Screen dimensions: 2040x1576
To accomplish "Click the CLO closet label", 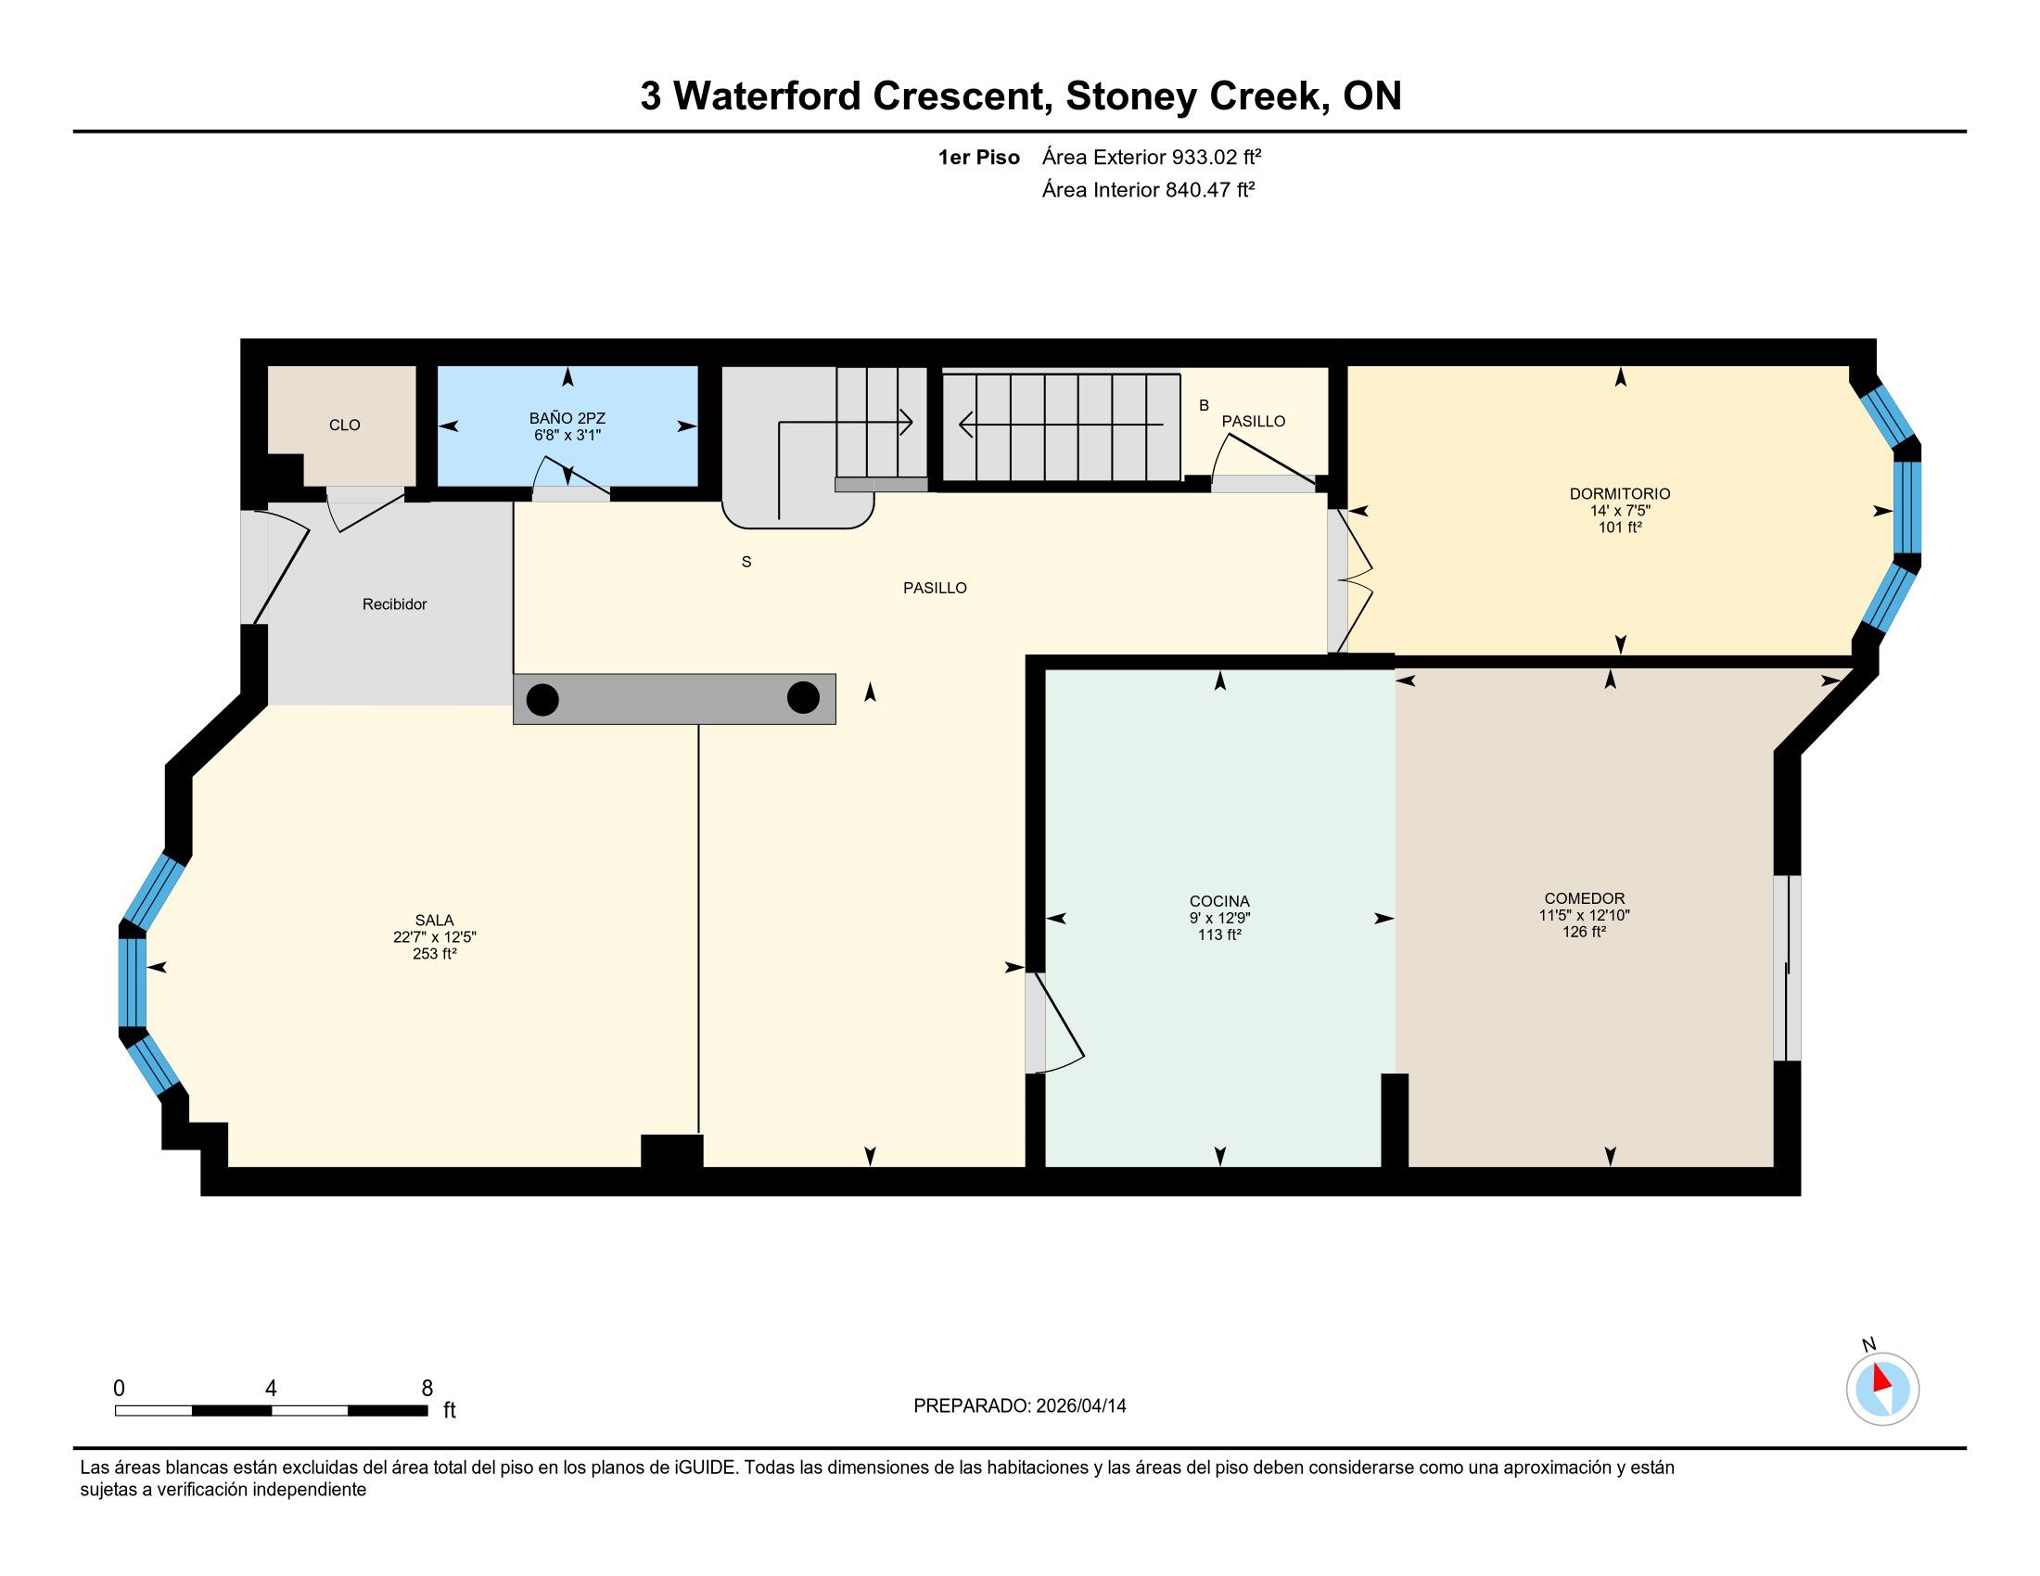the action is (345, 425).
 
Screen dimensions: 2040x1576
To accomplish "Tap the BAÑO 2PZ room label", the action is (567, 418).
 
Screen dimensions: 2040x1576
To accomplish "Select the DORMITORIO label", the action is (1620, 494).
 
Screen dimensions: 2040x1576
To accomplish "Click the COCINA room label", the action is (1219, 901).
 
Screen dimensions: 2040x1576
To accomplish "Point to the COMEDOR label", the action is (1584, 899).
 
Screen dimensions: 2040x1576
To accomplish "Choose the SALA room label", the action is (434, 921).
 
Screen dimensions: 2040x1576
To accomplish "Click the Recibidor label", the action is (394, 604).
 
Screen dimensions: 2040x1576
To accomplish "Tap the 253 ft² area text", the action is (434, 953).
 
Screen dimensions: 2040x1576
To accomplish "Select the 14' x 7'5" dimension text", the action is (1620, 511).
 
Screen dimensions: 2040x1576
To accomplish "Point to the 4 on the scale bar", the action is (271, 1389).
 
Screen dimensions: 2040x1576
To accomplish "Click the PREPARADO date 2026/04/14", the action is (1080, 1406).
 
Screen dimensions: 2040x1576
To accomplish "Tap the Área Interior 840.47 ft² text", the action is (1148, 189).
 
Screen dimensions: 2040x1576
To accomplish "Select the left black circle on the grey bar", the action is (542, 699).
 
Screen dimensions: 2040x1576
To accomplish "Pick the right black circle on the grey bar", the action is (803, 697).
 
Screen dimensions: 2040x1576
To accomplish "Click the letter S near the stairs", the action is (746, 562).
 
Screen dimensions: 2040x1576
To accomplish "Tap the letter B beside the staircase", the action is (1204, 405).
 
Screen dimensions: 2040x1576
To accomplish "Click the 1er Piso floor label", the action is (979, 158).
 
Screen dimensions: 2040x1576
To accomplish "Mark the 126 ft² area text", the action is (1584, 932).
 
